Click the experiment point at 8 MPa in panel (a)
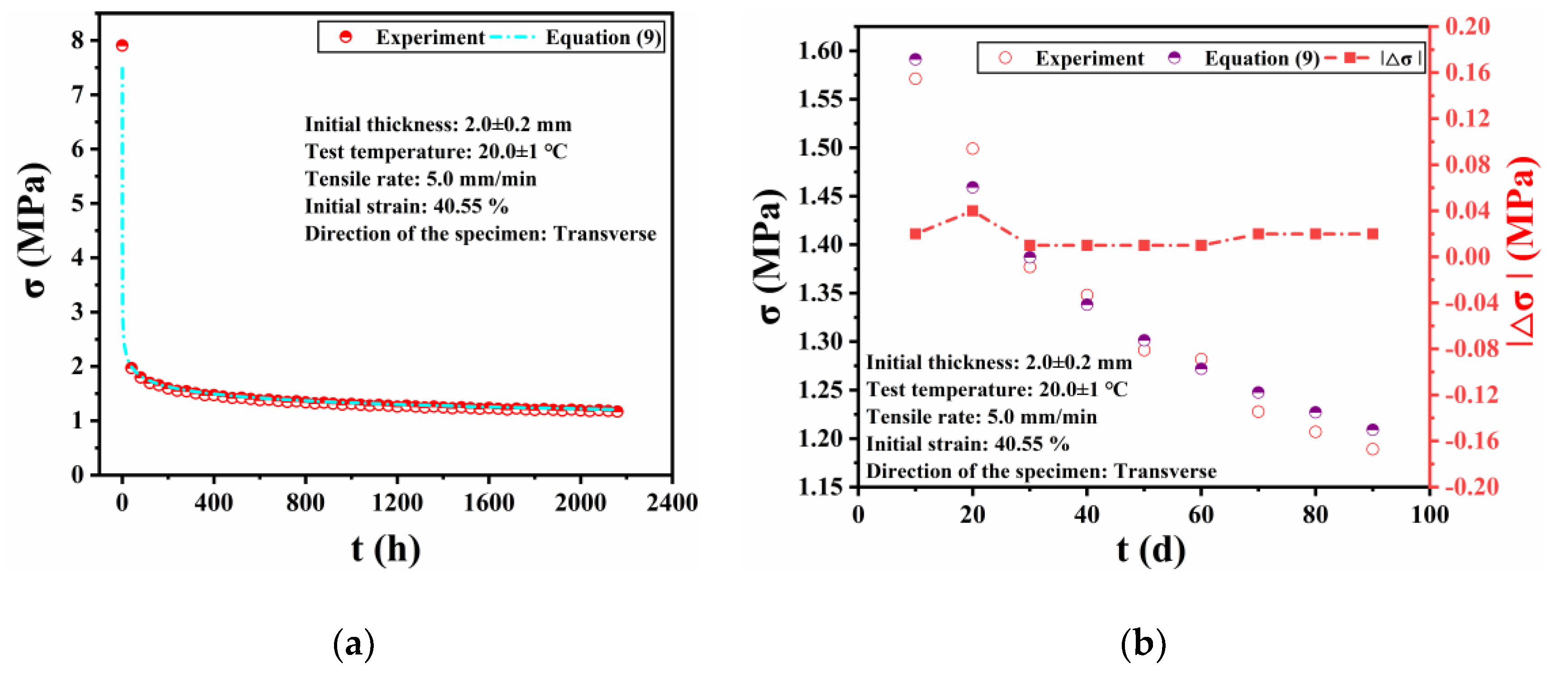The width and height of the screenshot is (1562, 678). [x=122, y=46]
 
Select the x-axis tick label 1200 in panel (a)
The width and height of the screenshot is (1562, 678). [x=397, y=503]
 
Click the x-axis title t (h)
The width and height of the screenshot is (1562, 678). [x=386, y=550]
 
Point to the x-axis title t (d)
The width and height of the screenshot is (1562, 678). [x=1150, y=551]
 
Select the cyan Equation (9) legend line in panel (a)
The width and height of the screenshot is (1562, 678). [x=513, y=38]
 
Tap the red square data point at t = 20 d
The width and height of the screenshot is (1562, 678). [x=973, y=211]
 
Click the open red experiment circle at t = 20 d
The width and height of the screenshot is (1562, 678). [x=973, y=149]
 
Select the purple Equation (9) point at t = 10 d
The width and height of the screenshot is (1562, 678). [x=916, y=59]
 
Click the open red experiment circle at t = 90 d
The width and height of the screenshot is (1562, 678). [x=1373, y=449]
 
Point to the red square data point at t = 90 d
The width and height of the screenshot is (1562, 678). [x=1373, y=234]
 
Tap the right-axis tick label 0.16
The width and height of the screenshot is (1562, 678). [x=1468, y=73]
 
